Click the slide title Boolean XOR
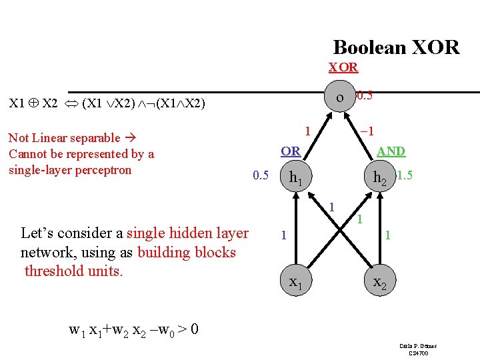(396, 47)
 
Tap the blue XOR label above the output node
(343, 67)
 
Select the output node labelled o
(341, 98)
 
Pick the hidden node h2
(381, 178)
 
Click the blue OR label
(290, 151)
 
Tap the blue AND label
(391, 151)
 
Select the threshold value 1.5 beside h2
(405, 176)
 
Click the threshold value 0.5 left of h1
(260, 176)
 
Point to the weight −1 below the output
(365, 131)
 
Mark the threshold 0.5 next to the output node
(364, 96)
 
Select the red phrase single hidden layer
(187, 233)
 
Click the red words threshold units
(74, 271)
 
